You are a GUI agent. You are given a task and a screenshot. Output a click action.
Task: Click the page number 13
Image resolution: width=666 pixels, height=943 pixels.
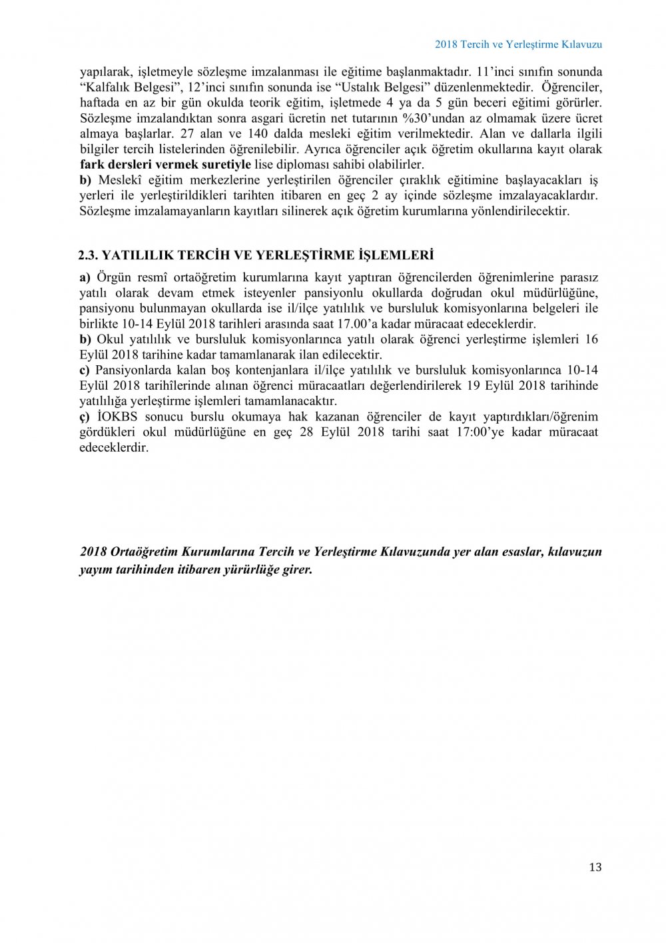(595, 867)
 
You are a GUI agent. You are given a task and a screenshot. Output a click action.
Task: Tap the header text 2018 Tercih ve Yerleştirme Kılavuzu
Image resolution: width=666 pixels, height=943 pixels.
(518, 44)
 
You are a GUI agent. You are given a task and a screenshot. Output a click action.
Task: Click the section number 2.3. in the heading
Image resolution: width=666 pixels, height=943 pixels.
(88, 255)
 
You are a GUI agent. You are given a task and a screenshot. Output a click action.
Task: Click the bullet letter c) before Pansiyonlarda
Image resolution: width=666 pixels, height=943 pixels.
(85, 370)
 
